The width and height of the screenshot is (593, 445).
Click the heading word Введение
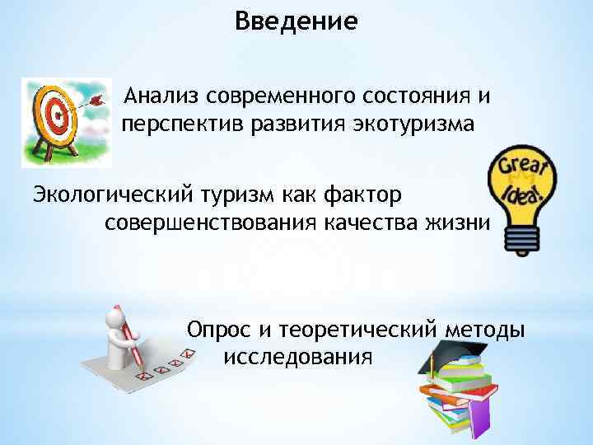296,20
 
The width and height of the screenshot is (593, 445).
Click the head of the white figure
118,315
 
